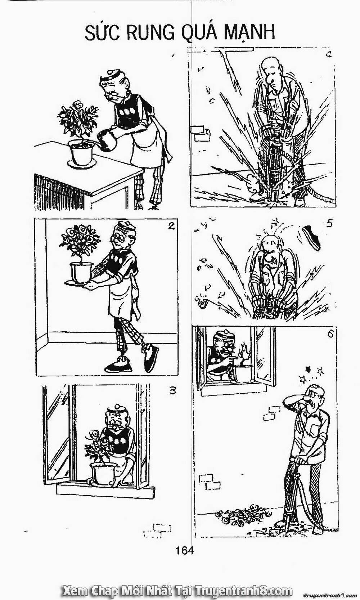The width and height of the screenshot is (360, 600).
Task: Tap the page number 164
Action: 185,550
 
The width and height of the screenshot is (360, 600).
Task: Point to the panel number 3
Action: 173,390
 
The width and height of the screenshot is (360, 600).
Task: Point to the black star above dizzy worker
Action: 308,368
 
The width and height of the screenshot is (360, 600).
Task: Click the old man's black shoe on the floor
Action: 117,366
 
